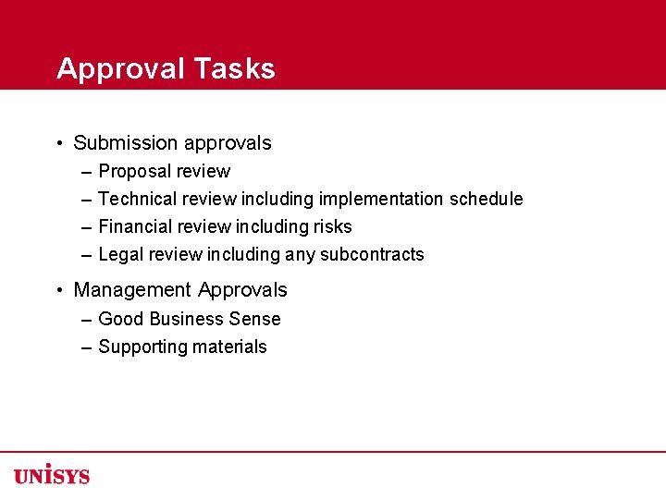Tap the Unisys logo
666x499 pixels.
52,474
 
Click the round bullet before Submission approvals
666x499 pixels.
58,143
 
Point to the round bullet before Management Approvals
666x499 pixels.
58,290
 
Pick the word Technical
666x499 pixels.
137,199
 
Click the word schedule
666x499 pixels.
487,199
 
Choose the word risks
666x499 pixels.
332,226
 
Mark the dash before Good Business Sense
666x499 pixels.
86,319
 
